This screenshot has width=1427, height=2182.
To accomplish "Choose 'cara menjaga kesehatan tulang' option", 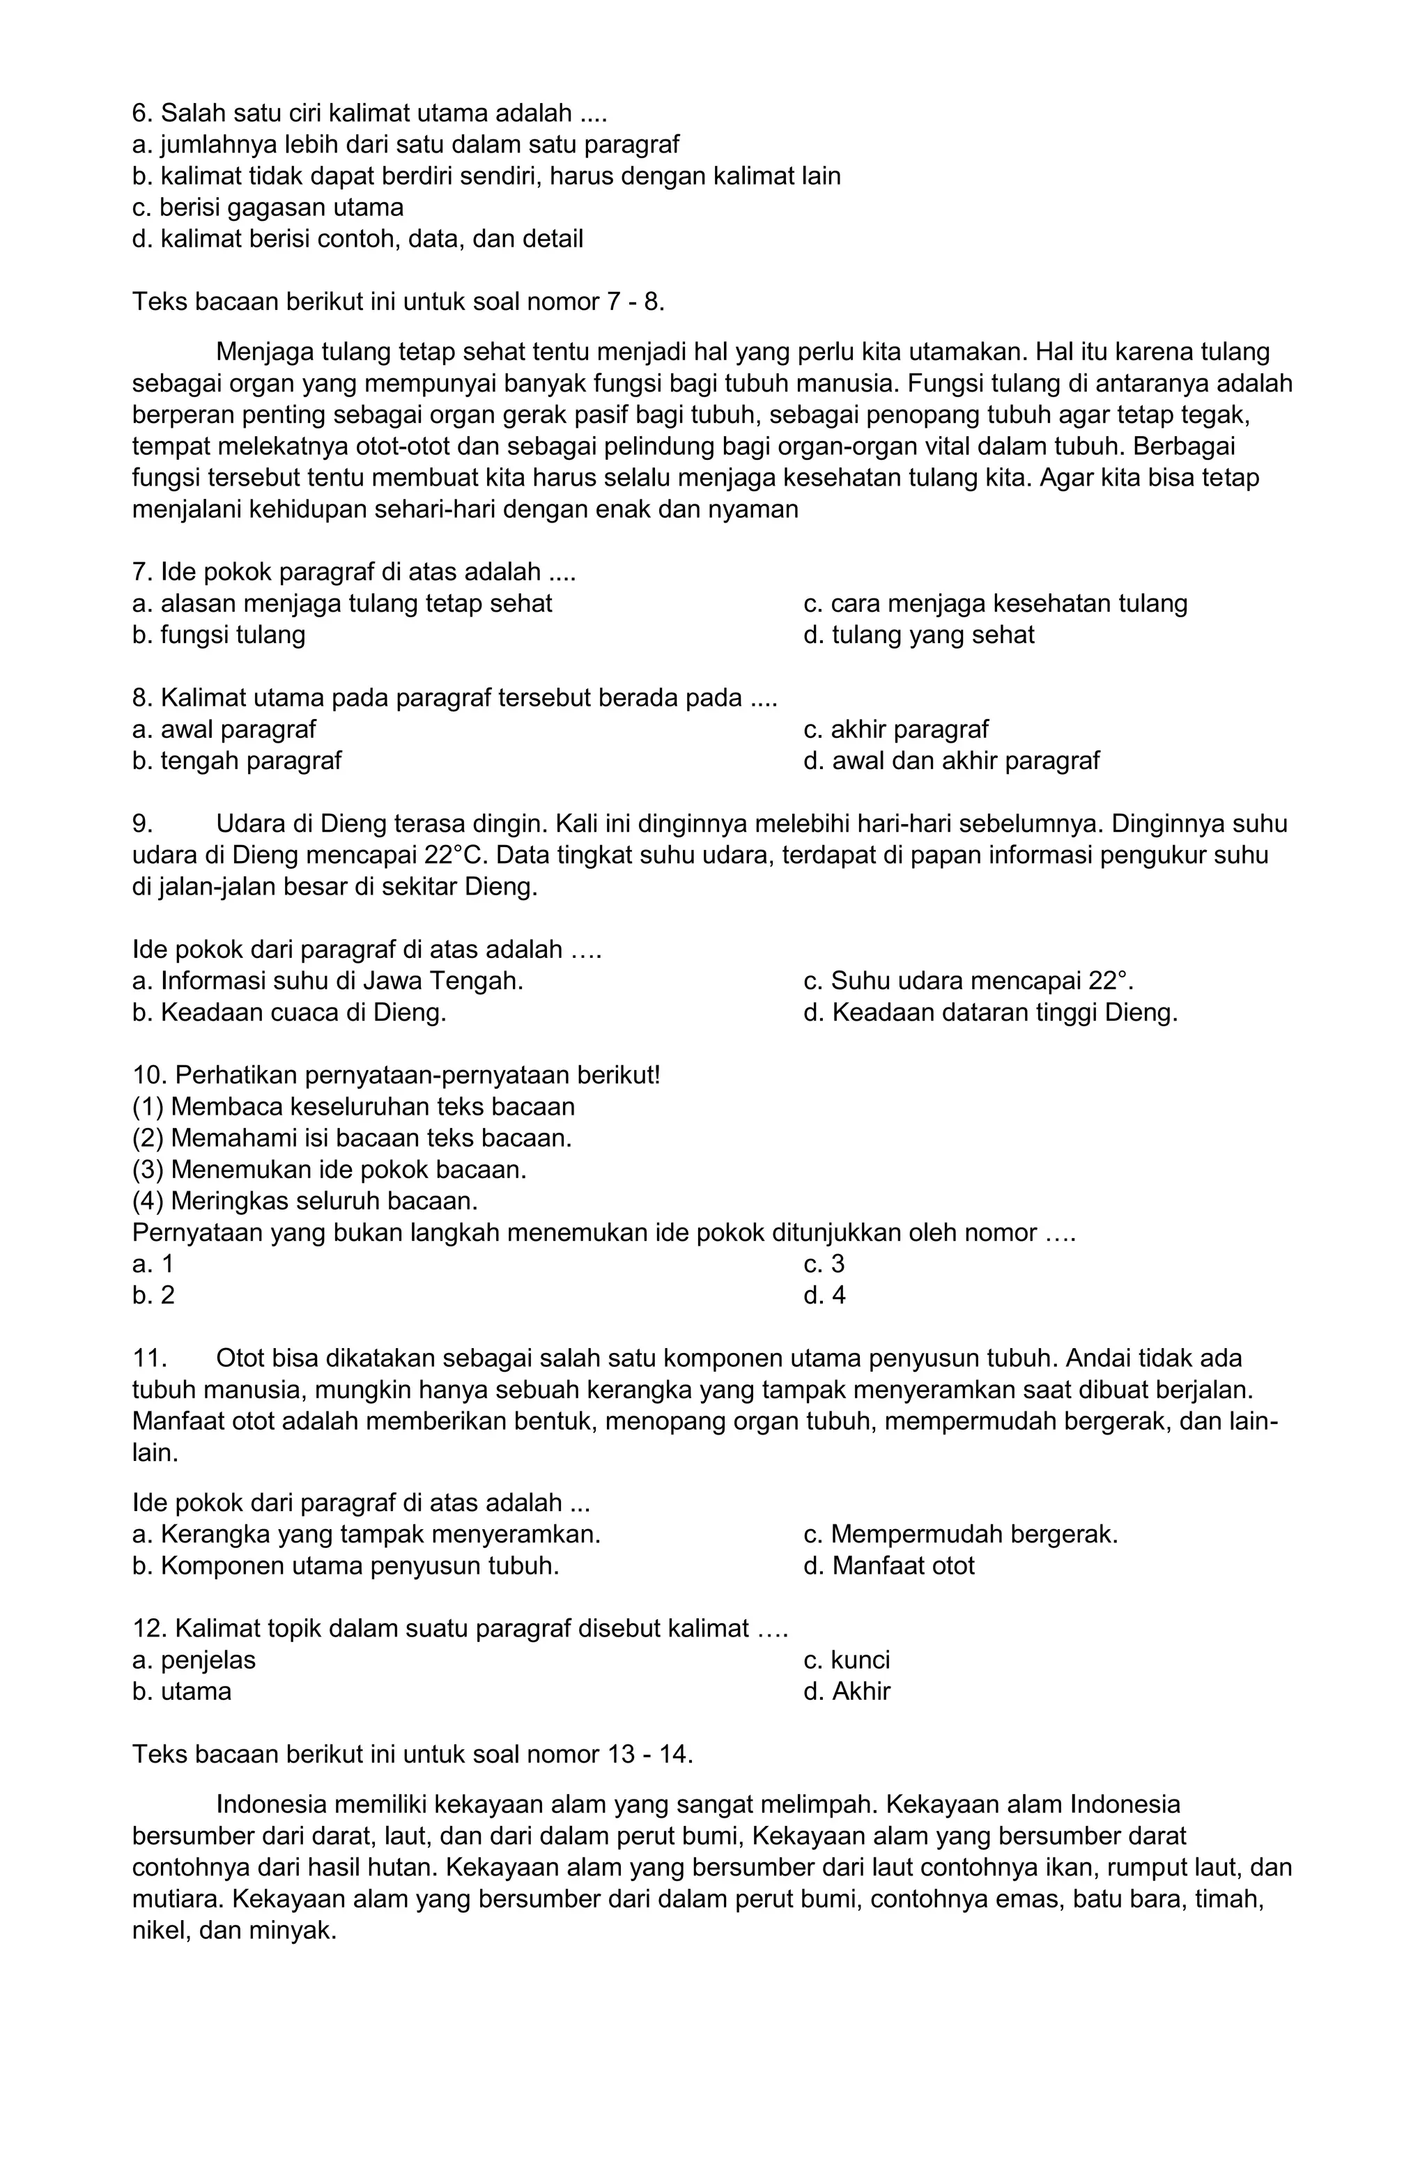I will tap(994, 603).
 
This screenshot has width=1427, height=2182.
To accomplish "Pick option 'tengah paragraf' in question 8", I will tap(237, 760).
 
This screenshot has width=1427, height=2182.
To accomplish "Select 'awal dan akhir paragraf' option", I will tap(950, 760).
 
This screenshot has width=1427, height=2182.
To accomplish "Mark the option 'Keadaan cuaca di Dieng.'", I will tap(289, 1012).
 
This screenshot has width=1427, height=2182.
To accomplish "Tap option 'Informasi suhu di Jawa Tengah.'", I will tap(327, 981).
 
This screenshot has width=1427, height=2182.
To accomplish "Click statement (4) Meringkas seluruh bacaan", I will tap(305, 1200).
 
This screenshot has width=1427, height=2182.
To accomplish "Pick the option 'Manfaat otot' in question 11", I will tap(888, 1565).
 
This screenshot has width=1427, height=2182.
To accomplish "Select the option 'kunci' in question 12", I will tap(846, 1659).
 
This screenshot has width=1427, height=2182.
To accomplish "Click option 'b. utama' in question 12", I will tap(182, 1691).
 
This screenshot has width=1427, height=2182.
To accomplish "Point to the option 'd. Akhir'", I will tap(846, 1691).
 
